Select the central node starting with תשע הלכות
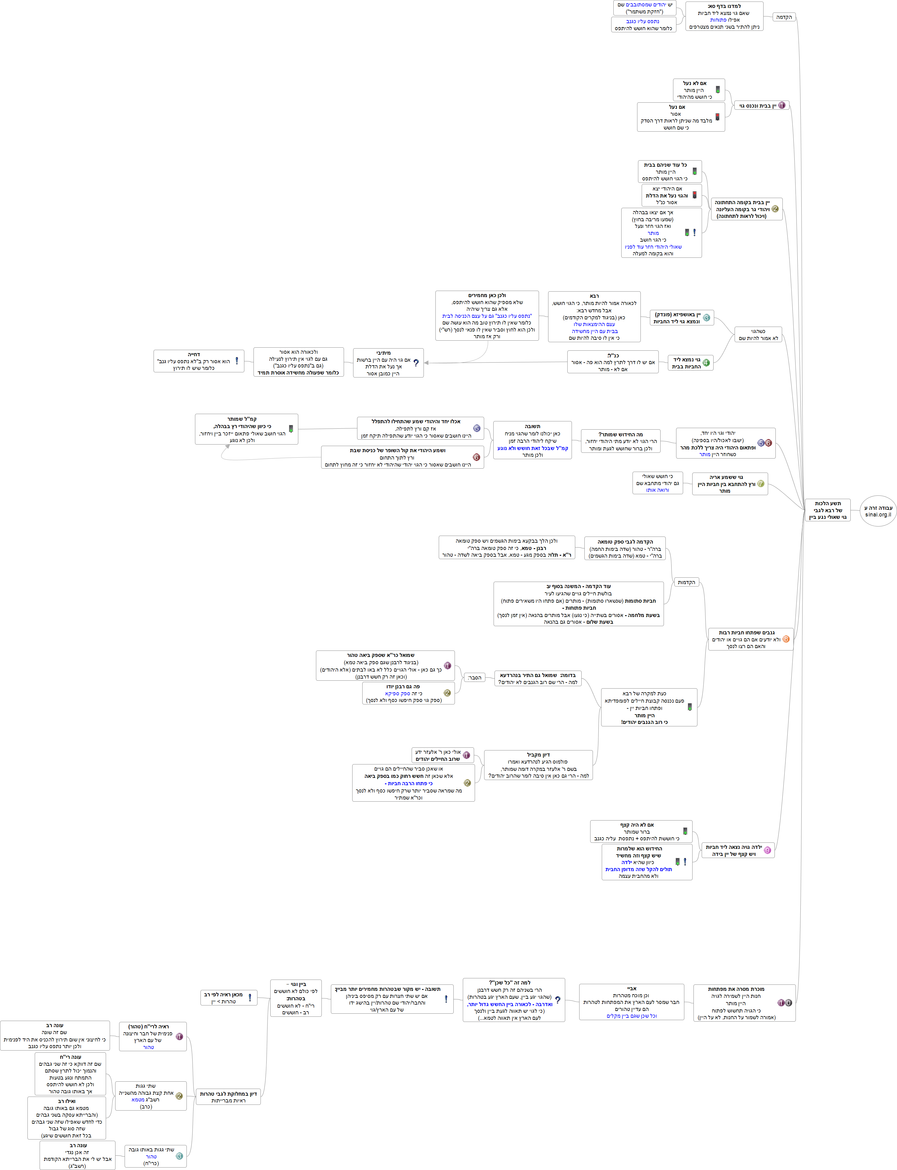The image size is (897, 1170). [828, 510]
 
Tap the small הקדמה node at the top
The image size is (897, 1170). [784, 17]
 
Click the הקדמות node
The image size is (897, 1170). [686, 582]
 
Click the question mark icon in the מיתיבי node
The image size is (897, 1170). [416, 363]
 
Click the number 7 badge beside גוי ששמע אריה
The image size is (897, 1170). [760, 484]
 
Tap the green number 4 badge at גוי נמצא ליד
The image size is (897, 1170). [706, 363]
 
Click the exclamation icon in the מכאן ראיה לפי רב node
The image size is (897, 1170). [249, 998]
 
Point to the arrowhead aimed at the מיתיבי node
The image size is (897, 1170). [427, 363]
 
